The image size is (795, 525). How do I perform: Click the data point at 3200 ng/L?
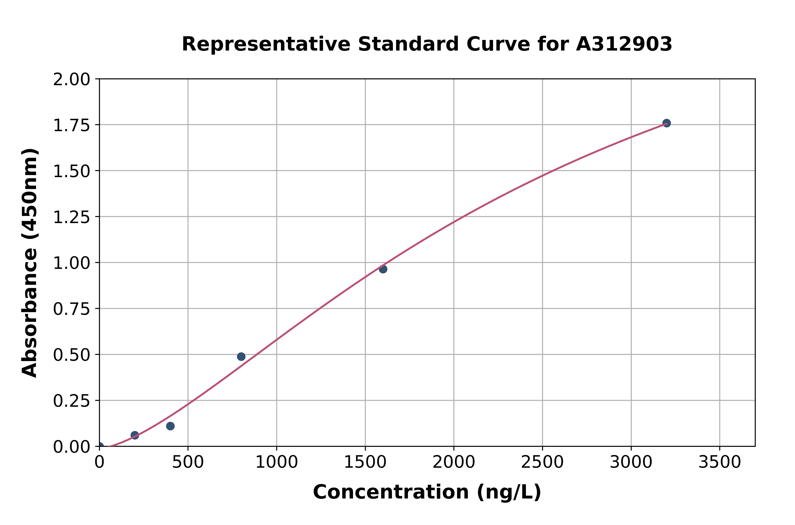(x=667, y=123)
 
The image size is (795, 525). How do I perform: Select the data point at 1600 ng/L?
(x=383, y=269)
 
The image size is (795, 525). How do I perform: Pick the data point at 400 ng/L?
(x=170, y=426)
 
